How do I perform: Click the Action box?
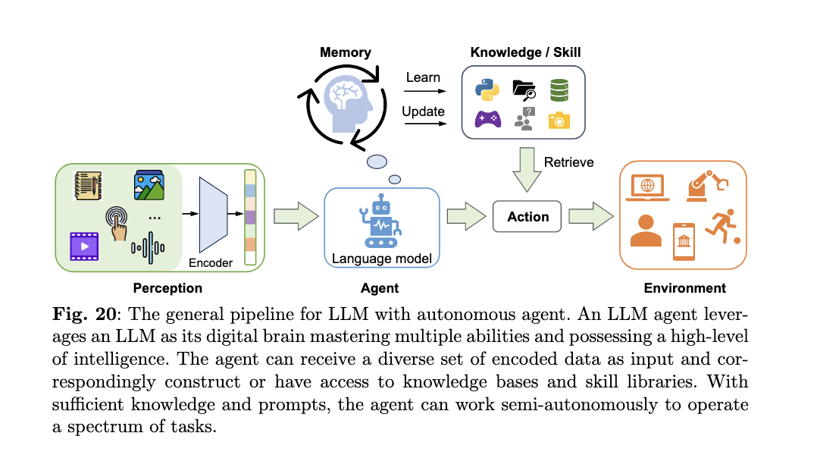pos(527,217)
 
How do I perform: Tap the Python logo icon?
pos(487,89)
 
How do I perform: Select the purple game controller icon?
pos(487,119)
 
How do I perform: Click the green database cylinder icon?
pos(559,89)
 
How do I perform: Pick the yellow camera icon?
pos(559,120)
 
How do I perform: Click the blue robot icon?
pos(381,221)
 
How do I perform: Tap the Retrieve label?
pos(568,162)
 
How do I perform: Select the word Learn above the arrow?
pos(423,77)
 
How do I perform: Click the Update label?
pos(423,111)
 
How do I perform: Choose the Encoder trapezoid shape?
pos(213,215)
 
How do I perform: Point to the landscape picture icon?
pos(149,184)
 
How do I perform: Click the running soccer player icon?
pos(723,227)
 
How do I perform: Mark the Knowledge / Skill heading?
pos(525,52)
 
